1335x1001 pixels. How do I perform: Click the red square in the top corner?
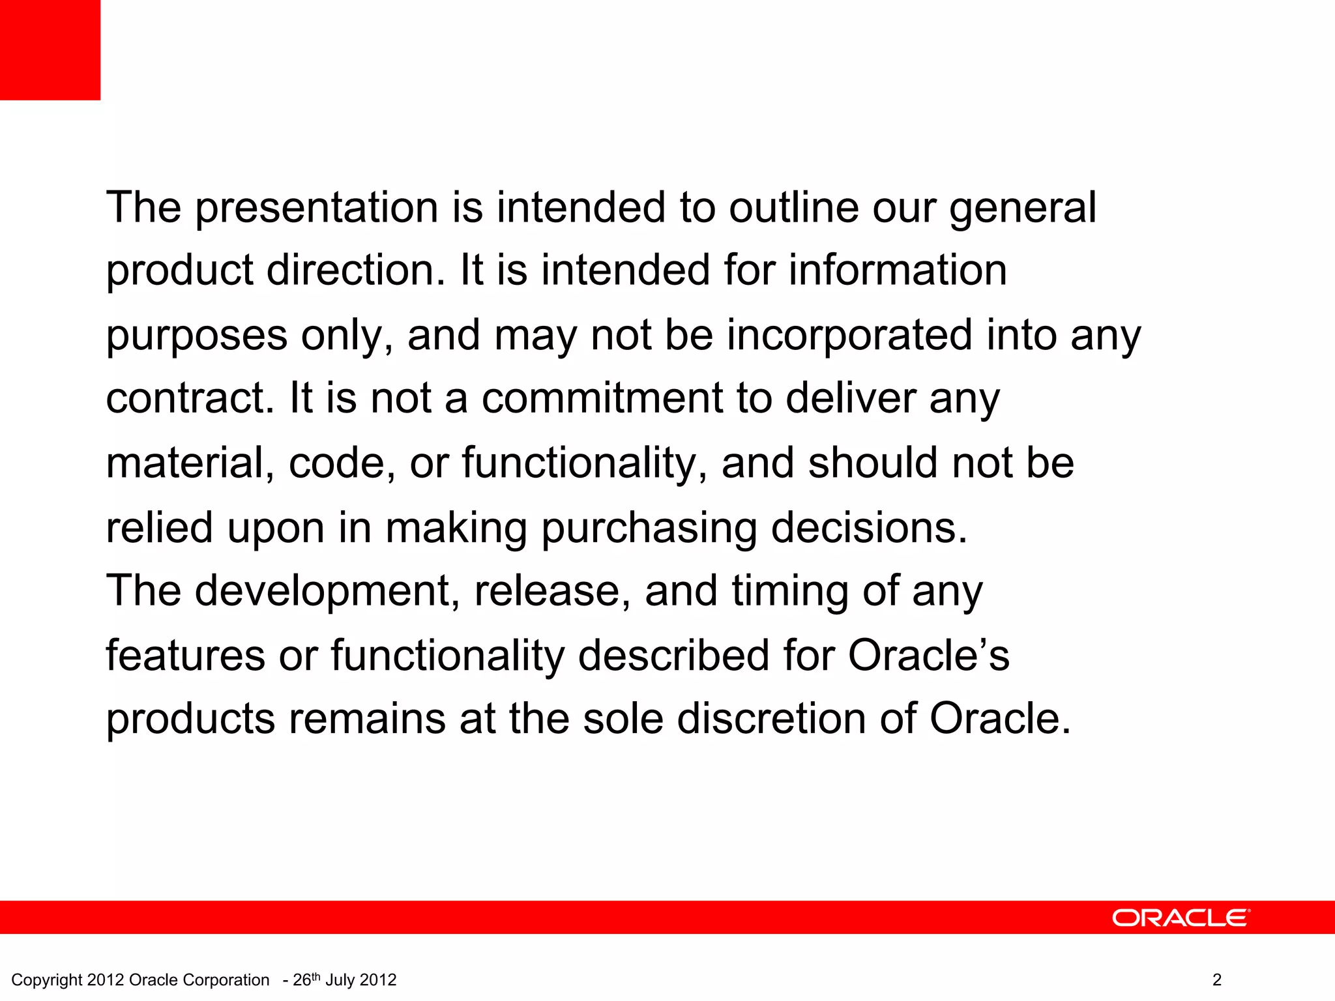(x=50, y=50)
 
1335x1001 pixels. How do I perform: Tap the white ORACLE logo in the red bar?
(x=1181, y=918)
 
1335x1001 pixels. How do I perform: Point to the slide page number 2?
(x=1216, y=980)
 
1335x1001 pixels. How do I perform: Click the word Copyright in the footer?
(x=47, y=980)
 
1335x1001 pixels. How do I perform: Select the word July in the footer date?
(x=339, y=980)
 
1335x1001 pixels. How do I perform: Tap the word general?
(x=1023, y=209)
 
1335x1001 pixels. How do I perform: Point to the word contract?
(x=190, y=398)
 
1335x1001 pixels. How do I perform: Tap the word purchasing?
(x=649, y=529)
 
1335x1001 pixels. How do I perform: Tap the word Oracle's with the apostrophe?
(x=928, y=655)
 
